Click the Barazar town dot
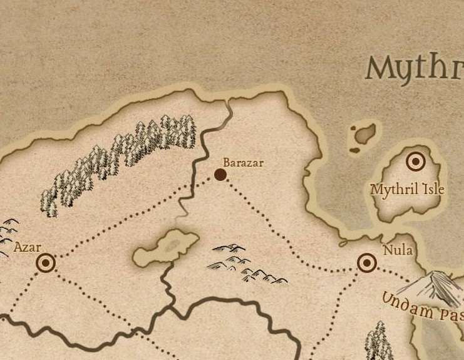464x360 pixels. point(220,175)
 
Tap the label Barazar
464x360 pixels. point(244,163)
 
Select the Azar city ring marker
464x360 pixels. point(46,263)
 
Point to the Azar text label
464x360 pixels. point(27,248)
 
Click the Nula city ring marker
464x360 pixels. point(367,263)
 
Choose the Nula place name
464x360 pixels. point(398,250)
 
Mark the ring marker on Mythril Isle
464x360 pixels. point(415,162)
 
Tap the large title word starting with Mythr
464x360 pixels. point(414,67)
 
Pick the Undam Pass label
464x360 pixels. point(422,306)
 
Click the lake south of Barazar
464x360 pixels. point(165,247)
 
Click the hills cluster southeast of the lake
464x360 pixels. point(247,263)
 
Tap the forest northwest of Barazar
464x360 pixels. point(119,160)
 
